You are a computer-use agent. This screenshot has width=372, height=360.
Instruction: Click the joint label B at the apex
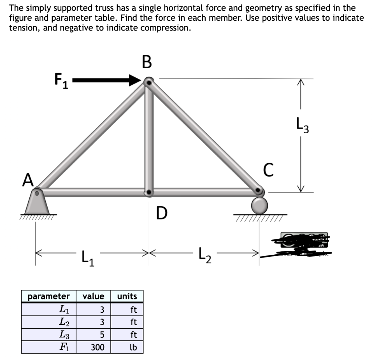[x=146, y=62]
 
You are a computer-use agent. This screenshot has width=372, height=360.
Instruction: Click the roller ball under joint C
[x=259, y=205]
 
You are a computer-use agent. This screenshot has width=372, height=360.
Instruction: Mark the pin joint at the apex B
[x=148, y=82]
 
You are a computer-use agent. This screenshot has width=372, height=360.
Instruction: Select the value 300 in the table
[x=97, y=347]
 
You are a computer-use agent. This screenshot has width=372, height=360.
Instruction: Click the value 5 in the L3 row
[x=102, y=335]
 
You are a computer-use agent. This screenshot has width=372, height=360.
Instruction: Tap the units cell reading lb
[x=133, y=347]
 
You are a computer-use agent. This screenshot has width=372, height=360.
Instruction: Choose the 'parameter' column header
[x=48, y=296]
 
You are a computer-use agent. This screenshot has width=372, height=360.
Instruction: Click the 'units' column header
[x=127, y=296]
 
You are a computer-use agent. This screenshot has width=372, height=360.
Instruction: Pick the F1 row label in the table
[x=65, y=347]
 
